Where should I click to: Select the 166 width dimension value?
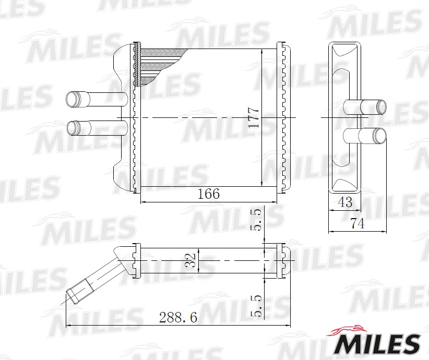tap(209, 194)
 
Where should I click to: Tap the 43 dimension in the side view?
tap(345, 202)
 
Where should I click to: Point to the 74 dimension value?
tap(358, 223)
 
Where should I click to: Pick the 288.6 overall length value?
tap(178, 318)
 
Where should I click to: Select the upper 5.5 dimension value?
tap(257, 220)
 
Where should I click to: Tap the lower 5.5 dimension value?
tap(257, 306)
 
